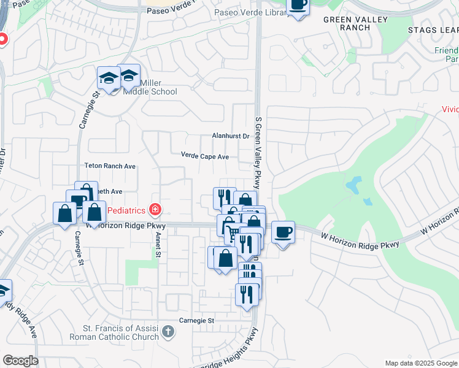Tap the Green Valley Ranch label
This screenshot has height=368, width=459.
pyautogui.click(x=356, y=23)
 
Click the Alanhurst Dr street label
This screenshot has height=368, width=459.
pyautogui.click(x=230, y=136)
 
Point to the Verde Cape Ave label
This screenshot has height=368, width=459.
pyautogui.click(x=204, y=156)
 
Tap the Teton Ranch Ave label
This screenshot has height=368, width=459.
pyautogui.click(x=109, y=166)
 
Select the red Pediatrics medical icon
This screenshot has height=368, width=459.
pyautogui.click(x=155, y=210)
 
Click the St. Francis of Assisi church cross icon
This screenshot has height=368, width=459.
pyautogui.click(x=168, y=333)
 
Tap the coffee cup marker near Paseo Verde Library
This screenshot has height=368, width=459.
pyautogui.click(x=298, y=6)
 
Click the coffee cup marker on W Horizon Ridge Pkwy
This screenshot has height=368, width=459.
pyautogui.click(x=283, y=233)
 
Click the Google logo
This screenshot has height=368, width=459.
pyautogui.click(x=20, y=361)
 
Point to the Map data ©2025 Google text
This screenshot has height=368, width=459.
pyautogui.click(x=420, y=362)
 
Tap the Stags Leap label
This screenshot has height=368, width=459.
pyautogui.click(x=433, y=29)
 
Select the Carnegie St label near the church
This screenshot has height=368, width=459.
pyautogui.click(x=196, y=320)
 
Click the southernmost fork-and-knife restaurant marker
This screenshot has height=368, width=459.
pyautogui.click(x=247, y=295)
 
